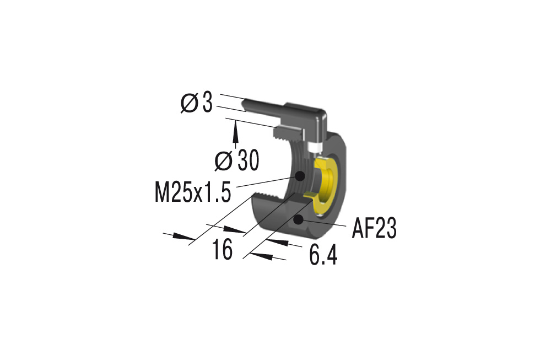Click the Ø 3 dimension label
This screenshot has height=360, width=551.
(x=197, y=103)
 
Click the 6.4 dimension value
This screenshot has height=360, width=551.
(x=323, y=255)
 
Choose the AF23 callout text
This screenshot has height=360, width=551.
(x=375, y=229)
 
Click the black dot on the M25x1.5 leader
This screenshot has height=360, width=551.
(x=300, y=176)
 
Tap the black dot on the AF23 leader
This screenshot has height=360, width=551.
(x=298, y=220)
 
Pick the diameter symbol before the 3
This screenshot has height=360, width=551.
(x=189, y=103)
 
